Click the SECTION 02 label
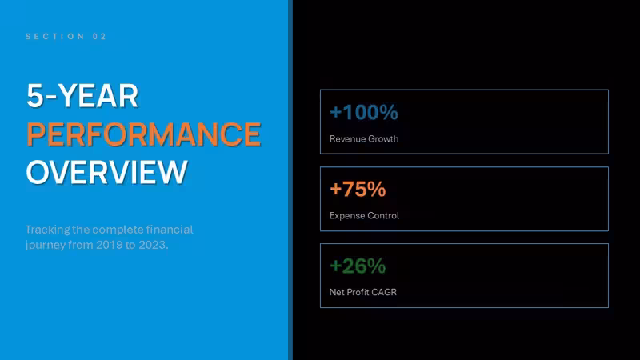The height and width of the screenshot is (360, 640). click(x=66, y=36)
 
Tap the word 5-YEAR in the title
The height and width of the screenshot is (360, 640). click(x=82, y=96)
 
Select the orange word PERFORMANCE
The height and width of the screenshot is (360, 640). click(x=144, y=134)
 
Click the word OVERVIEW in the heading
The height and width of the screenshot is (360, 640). click(x=106, y=172)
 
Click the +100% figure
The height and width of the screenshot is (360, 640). click(x=364, y=112)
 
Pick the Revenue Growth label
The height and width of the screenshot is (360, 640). click(x=364, y=139)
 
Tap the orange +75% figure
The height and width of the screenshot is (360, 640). click(x=358, y=189)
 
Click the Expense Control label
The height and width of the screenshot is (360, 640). click(x=364, y=215)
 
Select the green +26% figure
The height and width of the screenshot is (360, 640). click(x=358, y=266)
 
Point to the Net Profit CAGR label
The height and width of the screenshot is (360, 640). click(x=363, y=292)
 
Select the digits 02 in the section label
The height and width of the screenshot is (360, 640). click(x=99, y=36)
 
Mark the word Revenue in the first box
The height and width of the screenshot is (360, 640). click(x=347, y=139)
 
